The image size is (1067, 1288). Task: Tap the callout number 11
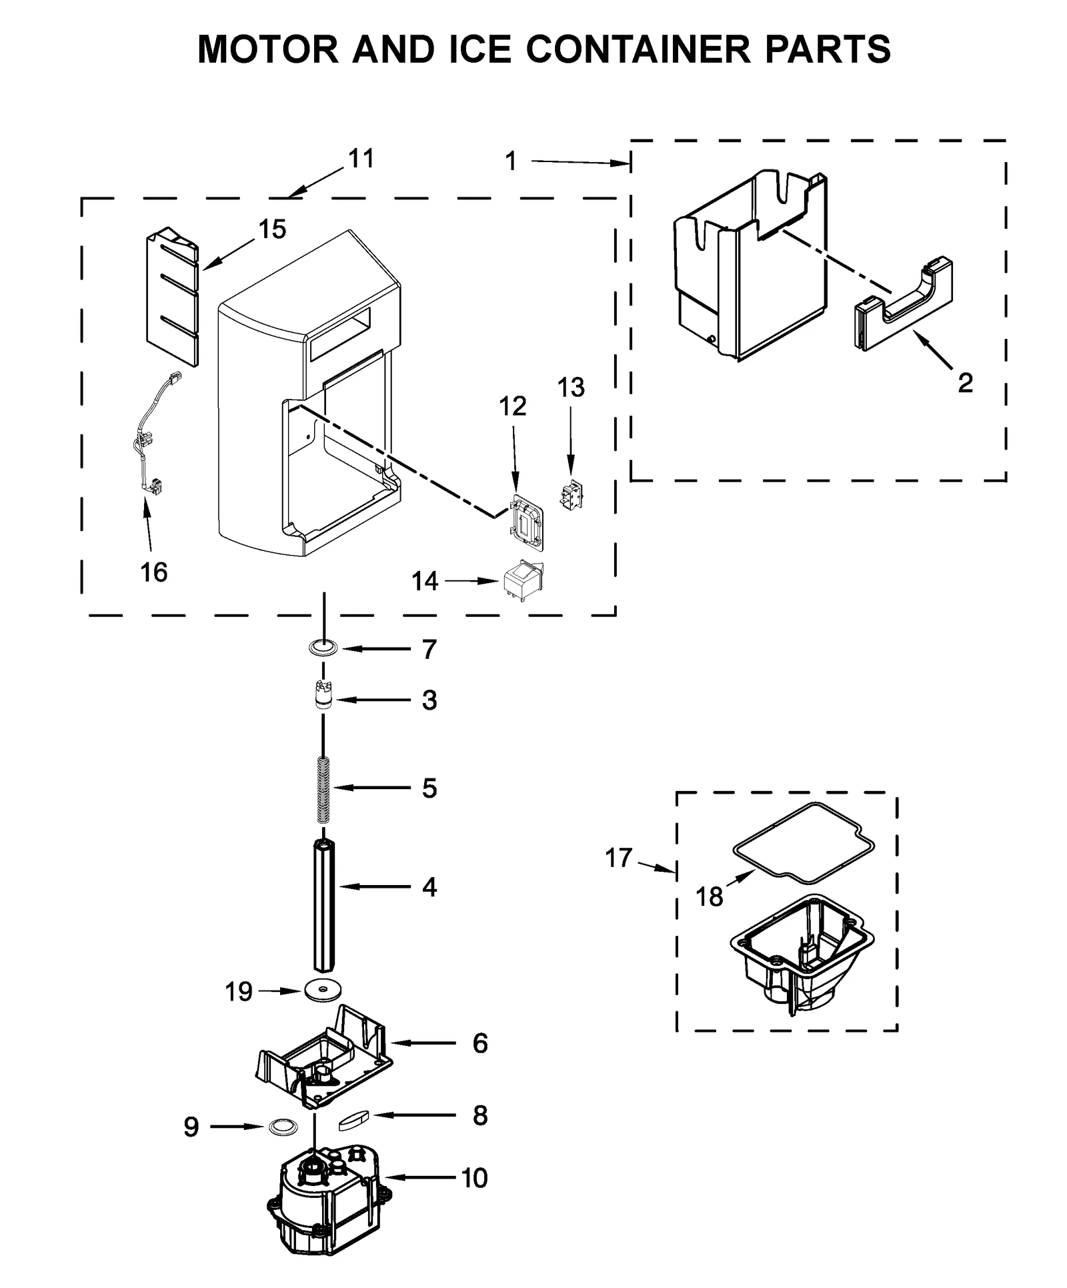click(361, 159)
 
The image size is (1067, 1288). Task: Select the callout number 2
click(964, 383)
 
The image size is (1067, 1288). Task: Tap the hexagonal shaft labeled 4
click(323, 906)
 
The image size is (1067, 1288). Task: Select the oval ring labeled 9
click(283, 1127)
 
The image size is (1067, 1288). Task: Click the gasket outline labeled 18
click(804, 844)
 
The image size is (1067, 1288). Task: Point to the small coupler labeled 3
click(323, 695)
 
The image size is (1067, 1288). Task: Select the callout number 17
click(618, 857)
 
